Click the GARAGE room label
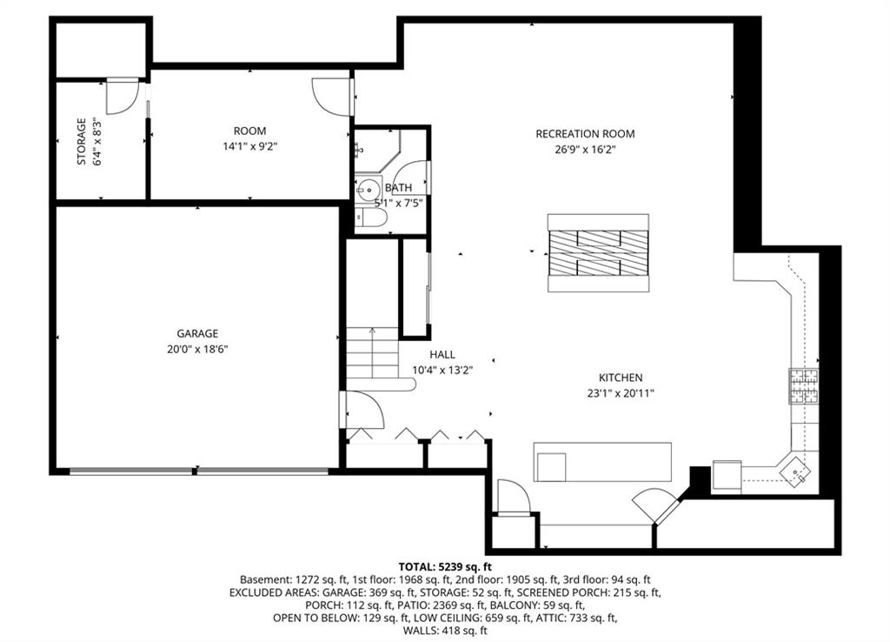[197, 333]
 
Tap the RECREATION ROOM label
[585, 134]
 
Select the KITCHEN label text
[621, 378]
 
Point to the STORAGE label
[82, 142]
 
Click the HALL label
[442, 355]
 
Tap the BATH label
[398, 188]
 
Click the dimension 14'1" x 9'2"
[249, 146]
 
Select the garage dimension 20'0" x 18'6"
[197, 349]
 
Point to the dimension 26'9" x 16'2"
[585, 150]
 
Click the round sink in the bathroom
[369, 188]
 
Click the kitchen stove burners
[804, 385]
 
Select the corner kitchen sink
[795, 470]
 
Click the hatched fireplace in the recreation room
[598, 253]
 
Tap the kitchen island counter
[602, 462]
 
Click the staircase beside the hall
[372, 353]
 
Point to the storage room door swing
[122, 97]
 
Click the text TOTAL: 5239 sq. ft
[445, 566]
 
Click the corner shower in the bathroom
[379, 149]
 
